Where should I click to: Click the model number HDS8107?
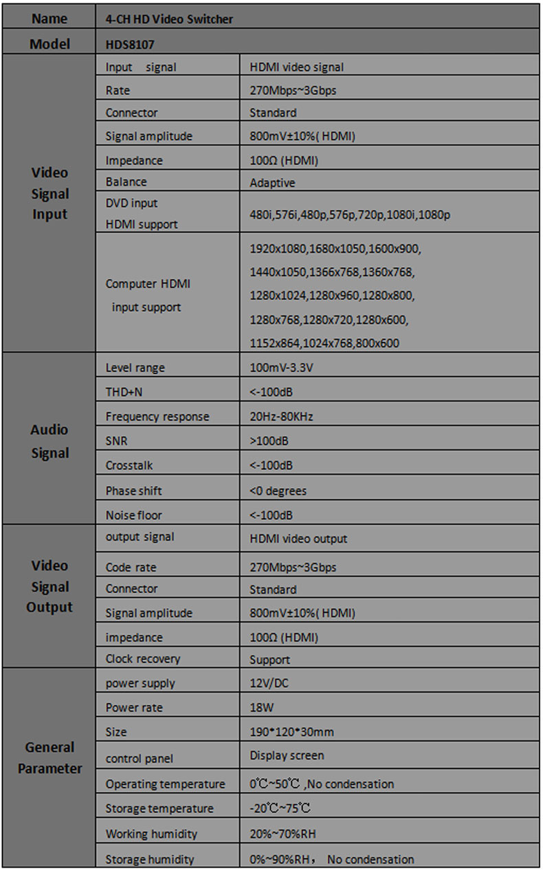click(x=129, y=44)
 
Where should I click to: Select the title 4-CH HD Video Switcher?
click(x=169, y=19)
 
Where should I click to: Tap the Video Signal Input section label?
click(x=49, y=193)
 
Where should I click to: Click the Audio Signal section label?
click(x=49, y=441)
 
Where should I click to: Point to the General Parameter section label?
click(x=49, y=757)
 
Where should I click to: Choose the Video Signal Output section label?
click(x=49, y=586)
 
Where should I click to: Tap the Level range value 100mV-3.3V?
click(x=281, y=368)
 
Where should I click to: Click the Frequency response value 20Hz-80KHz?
click(x=282, y=416)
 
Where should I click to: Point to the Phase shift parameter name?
click(x=134, y=491)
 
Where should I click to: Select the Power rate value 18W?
click(x=261, y=707)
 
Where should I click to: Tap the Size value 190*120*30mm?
click(x=291, y=732)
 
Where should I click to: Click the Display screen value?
click(x=287, y=755)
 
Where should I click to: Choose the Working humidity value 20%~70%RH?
click(x=292, y=834)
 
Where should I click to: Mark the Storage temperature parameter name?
click(x=159, y=808)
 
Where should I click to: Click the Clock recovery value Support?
click(x=269, y=660)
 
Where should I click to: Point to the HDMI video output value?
click(x=298, y=539)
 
